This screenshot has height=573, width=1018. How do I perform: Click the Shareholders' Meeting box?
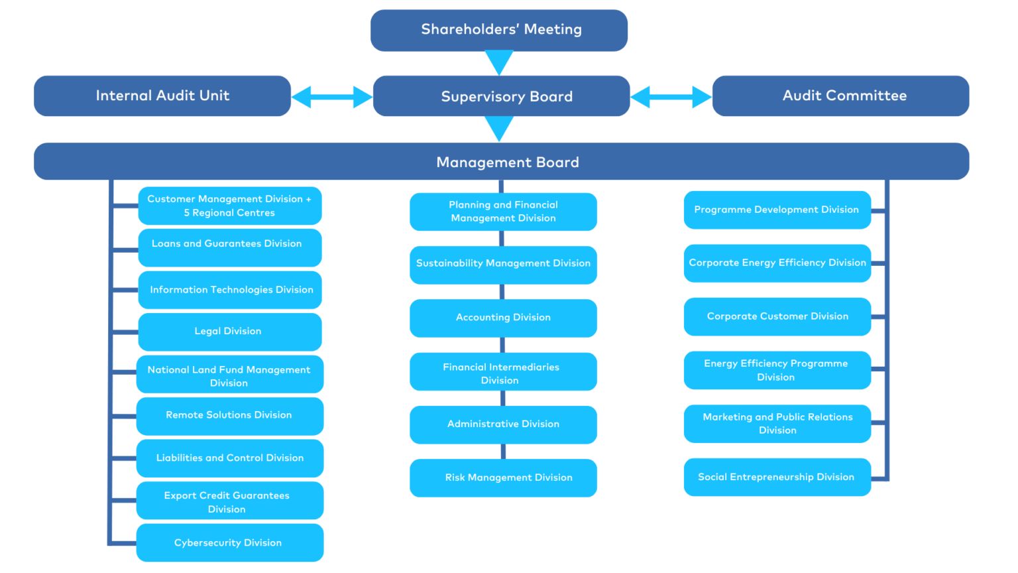(x=499, y=30)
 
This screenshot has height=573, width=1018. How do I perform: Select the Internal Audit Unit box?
(x=162, y=96)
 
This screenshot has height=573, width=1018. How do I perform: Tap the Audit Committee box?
(x=841, y=96)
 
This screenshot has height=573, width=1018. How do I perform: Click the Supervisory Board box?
(x=501, y=96)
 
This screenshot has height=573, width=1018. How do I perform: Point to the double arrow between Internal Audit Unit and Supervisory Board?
(x=332, y=97)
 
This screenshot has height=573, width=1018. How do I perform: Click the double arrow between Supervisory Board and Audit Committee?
(x=671, y=97)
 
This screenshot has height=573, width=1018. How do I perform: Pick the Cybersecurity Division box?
(x=230, y=542)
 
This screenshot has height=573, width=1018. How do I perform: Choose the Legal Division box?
(x=230, y=332)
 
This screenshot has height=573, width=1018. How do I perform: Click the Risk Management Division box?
(x=503, y=477)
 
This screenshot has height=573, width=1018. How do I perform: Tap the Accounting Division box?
(x=503, y=318)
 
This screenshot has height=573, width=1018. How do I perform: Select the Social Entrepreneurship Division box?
(x=777, y=477)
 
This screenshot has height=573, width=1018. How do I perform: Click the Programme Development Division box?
(x=777, y=210)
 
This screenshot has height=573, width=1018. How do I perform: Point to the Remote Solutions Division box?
(x=230, y=416)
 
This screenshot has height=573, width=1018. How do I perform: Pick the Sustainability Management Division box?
(x=503, y=265)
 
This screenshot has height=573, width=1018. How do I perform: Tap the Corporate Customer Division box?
(x=777, y=316)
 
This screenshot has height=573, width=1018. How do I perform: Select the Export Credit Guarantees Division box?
(x=230, y=500)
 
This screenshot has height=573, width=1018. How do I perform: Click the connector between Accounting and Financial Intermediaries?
(x=502, y=345)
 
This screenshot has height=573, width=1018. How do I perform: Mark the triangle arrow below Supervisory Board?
(x=499, y=129)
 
